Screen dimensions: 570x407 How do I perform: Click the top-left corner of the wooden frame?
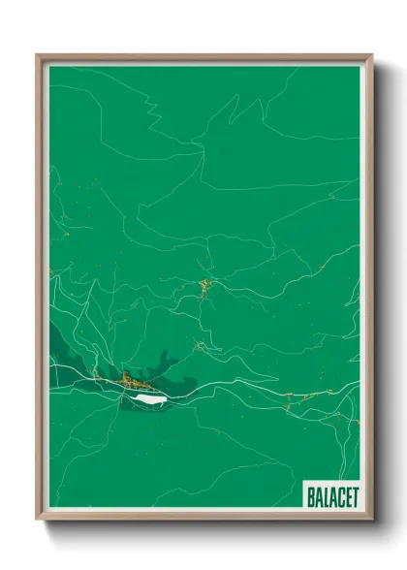coord(38,55)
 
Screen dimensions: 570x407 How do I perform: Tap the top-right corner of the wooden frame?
coord(371,55)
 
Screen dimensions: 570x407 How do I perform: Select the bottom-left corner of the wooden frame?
coord(38,519)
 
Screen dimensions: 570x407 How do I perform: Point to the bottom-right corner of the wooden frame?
coord(371,519)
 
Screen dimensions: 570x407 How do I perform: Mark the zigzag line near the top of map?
coord(145,97)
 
